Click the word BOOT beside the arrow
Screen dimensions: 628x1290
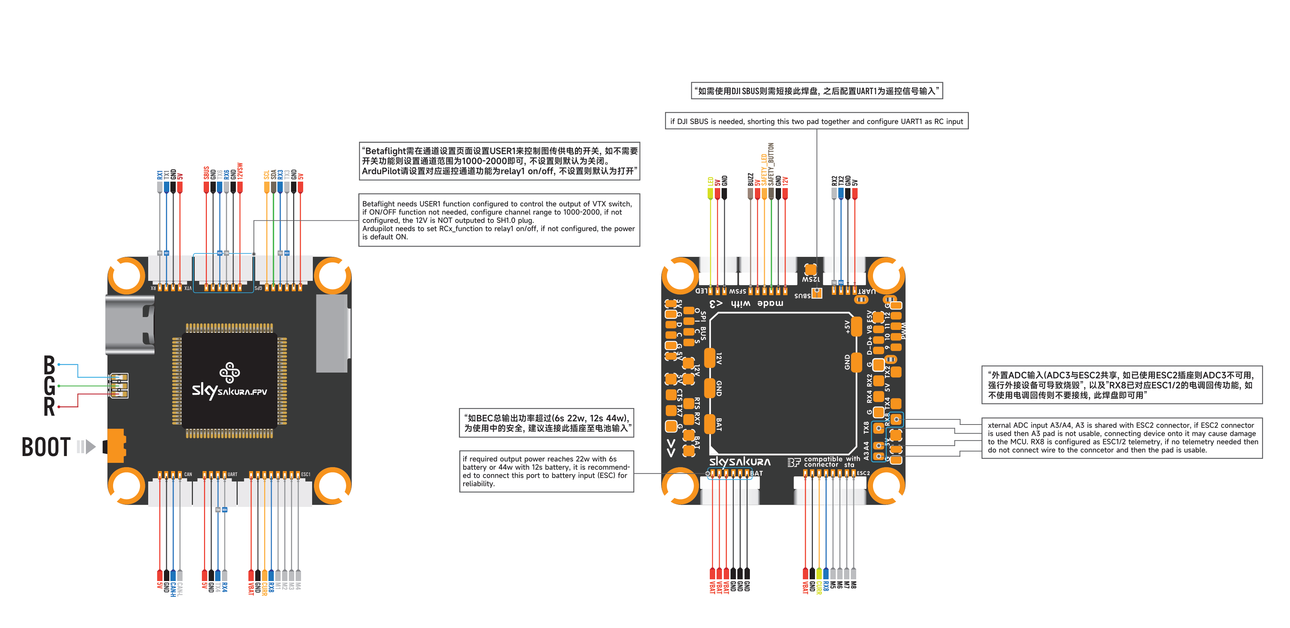pos(46,447)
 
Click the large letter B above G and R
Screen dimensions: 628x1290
pos(49,365)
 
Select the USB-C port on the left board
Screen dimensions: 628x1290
pos(130,325)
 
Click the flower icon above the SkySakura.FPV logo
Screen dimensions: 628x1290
pos(230,372)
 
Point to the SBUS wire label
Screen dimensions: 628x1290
pos(206,173)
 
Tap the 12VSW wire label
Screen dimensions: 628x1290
pos(240,171)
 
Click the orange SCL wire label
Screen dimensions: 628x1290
pos(266,175)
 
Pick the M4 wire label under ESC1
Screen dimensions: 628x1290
pos(298,586)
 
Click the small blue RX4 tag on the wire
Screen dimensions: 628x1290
pos(225,510)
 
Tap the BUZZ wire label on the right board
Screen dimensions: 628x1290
pos(750,179)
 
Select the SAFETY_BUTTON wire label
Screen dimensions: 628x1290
pos(771,164)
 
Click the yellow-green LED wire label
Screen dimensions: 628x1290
pos(710,181)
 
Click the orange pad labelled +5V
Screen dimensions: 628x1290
pos(856,327)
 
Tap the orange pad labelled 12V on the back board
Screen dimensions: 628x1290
pos(709,358)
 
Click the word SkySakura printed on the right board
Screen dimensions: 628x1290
pos(739,462)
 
